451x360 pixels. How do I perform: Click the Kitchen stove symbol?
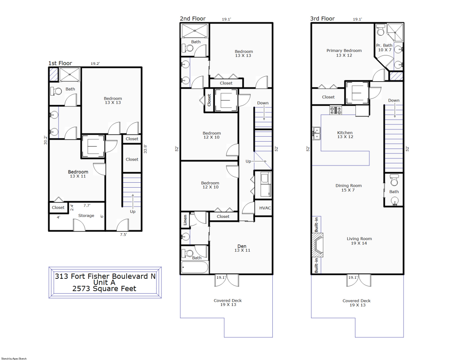coord(336,110)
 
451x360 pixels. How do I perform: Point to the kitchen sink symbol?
coord(317,133)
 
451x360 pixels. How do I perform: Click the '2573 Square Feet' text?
coord(104,289)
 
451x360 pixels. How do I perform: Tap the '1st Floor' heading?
coord(60,64)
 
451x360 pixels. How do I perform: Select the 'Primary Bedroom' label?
coord(344,51)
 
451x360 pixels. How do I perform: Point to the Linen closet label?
coord(185,220)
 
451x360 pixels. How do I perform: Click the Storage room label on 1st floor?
coord(86,216)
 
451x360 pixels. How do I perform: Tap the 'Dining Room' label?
coord(348,185)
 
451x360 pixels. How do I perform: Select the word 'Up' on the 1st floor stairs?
coord(133,211)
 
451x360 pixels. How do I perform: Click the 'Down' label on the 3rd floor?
coord(394,101)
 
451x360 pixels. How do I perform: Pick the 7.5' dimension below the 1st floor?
coord(124,235)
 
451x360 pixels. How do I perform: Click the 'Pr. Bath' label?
coord(384,46)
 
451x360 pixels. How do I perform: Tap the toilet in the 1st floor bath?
coord(57,91)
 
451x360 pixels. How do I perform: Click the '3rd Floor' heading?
coord(322,18)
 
